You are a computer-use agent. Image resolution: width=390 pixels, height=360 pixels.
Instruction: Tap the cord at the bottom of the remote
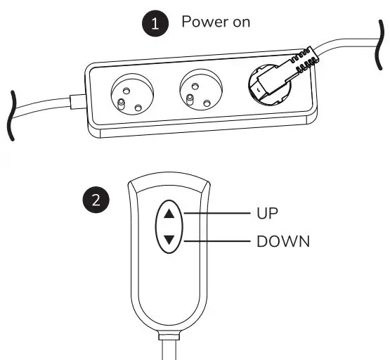[171, 348]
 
